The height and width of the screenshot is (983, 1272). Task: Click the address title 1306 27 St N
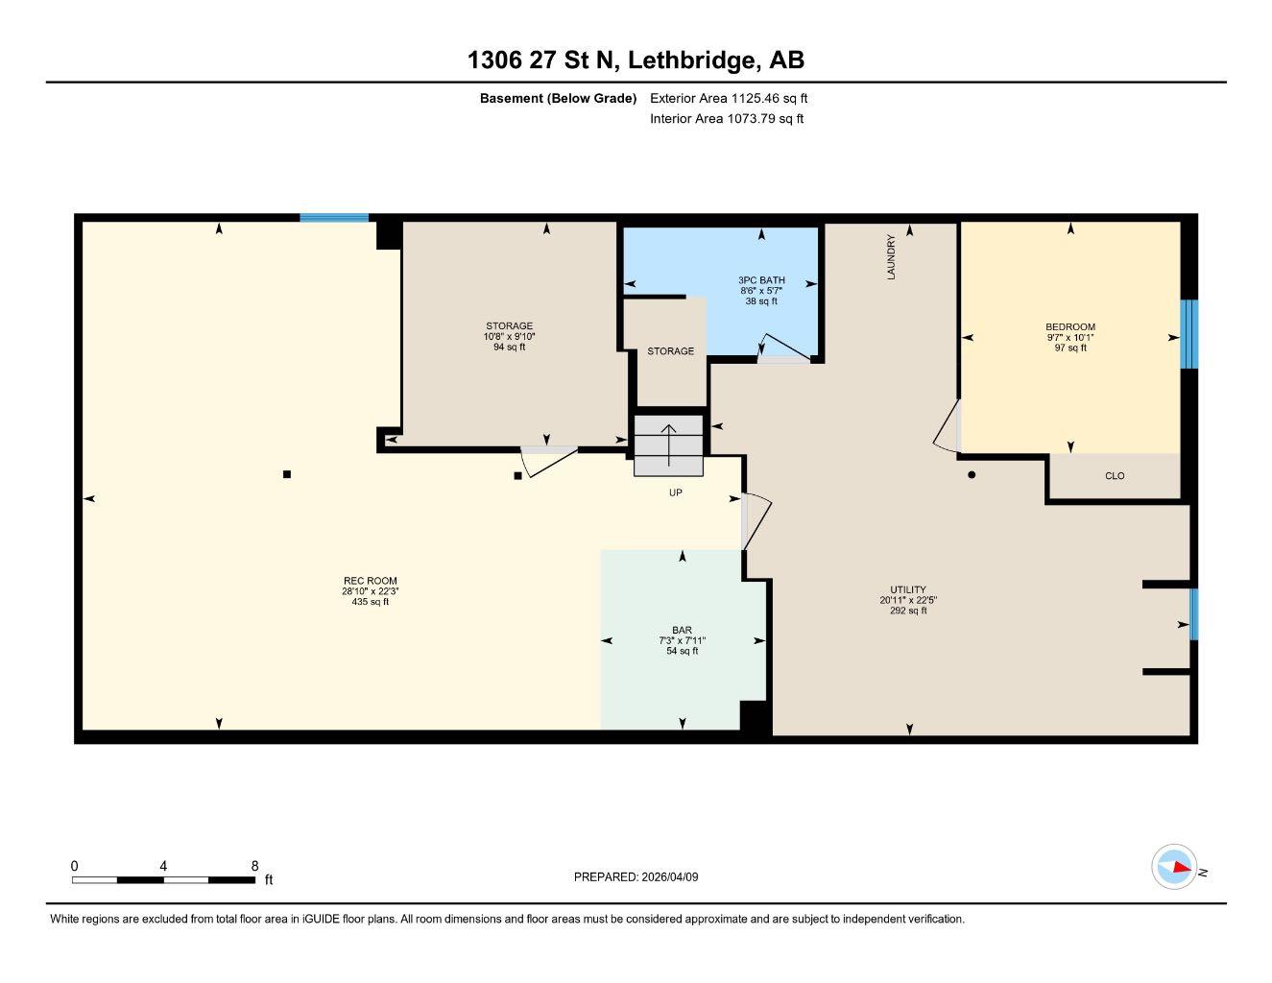click(x=636, y=60)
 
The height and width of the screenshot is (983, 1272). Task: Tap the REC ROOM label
click(x=370, y=581)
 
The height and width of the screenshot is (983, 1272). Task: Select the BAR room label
click(x=682, y=631)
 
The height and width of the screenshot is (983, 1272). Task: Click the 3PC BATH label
click(x=761, y=280)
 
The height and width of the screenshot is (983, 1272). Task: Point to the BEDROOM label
click(x=1070, y=327)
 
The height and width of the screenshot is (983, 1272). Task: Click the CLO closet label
click(x=1114, y=476)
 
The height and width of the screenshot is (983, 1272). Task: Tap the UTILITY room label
click(x=907, y=590)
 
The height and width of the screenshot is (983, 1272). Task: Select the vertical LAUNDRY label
click(x=891, y=256)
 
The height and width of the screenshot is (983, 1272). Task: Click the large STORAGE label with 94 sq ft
click(x=509, y=326)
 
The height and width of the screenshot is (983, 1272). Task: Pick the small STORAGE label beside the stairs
click(x=670, y=351)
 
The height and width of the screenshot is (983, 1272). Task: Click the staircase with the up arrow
click(x=668, y=445)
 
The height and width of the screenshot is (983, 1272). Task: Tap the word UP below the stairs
click(x=676, y=492)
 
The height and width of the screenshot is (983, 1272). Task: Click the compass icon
click(x=1174, y=867)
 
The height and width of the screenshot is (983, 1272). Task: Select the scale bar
click(x=164, y=879)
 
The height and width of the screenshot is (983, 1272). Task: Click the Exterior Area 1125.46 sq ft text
click(x=729, y=98)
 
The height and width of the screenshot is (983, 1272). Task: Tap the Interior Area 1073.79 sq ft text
click(x=727, y=119)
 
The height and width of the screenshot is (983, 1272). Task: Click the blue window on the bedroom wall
click(x=1189, y=334)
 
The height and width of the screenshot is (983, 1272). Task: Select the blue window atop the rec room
click(x=333, y=218)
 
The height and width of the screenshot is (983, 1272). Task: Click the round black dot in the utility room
click(x=972, y=474)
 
